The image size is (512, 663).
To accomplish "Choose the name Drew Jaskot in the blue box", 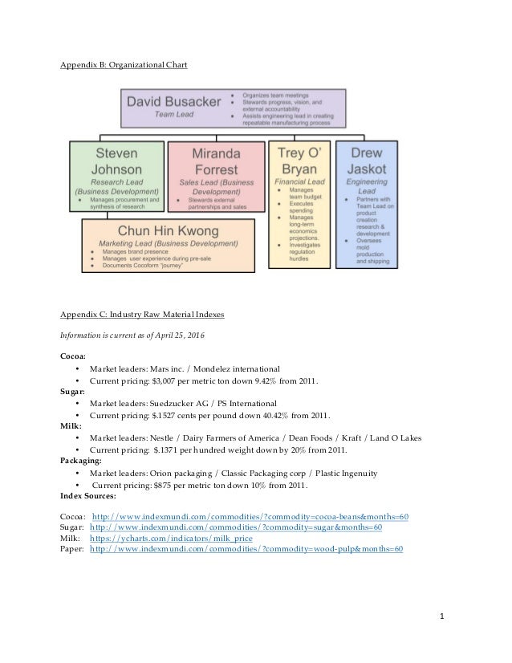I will [365, 160].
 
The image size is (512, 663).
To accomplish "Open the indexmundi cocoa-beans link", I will [251, 515].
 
